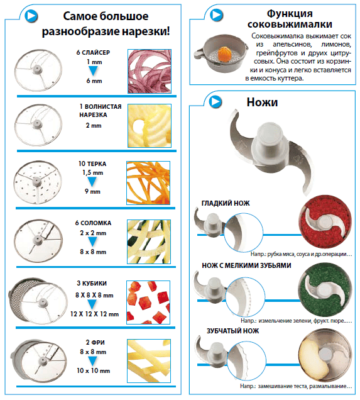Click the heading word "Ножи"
pyautogui.click(x=262, y=103)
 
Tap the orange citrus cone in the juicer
pyautogui.click(x=225, y=54)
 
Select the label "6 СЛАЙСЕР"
pyautogui.click(x=93, y=53)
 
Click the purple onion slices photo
pyautogui.click(x=150, y=72)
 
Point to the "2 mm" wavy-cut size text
pyautogui.click(x=94, y=126)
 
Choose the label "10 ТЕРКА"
pyautogui.click(x=92, y=164)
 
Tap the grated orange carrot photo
pyautogui.click(x=148, y=183)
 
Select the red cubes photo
pyautogui.click(x=148, y=303)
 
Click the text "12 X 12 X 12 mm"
pyautogui.click(x=94, y=314)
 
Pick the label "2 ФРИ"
pyautogui.click(x=95, y=342)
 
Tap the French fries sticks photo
pyautogui.click(x=149, y=361)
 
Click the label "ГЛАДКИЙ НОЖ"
pyautogui.click(x=226, y=203)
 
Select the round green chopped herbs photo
pyautogui.click(x=325, y=289)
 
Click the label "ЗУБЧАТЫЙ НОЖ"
pyautogui.click(x=232, y=331)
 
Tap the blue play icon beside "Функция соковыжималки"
pyautogui.click(x=216, y=15)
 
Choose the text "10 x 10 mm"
pyautogui.click(x=93, y=370)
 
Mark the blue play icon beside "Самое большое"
pyautogui.click(x=31, y=16)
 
